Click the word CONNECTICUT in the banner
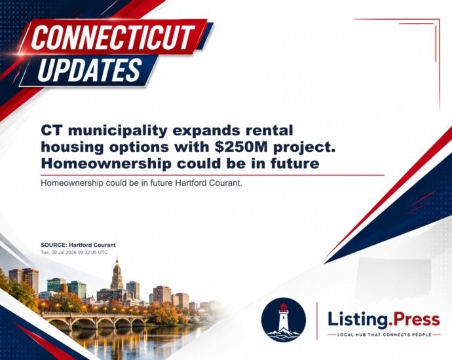pyautogui.click(x=113, y=37)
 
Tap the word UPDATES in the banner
pyautogui.click(x=90, y=69)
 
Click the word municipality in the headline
pyautogui.click(x=118, y=131)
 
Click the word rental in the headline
pyautogui.click(x=269, y=130)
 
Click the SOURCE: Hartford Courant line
pyautogui.click(x=78, y=245)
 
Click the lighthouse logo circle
pyautogui.click(x=284, y=320)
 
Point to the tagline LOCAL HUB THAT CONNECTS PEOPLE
pyautogui.click(x=385, y=334)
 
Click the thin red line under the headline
pyautogui.click(x=212, y=175)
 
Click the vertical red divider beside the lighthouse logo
pyautogui.click(x=317, y=321)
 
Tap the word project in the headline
pyautogui.click(x=305, y=147)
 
